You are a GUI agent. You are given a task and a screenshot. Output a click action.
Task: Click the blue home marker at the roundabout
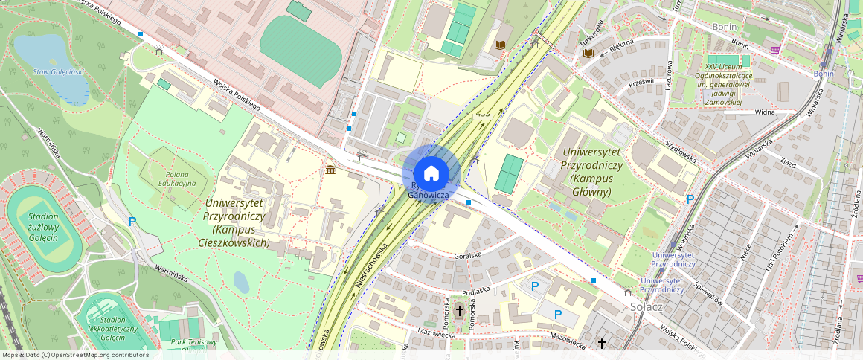(431, 174)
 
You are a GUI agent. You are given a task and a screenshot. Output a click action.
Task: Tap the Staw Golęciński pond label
(60, 71)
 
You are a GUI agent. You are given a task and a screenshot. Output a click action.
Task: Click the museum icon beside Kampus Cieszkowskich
(330, 171)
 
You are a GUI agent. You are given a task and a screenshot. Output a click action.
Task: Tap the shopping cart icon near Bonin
(775, 50)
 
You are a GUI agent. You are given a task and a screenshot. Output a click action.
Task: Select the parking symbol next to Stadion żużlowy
(132, 221)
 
